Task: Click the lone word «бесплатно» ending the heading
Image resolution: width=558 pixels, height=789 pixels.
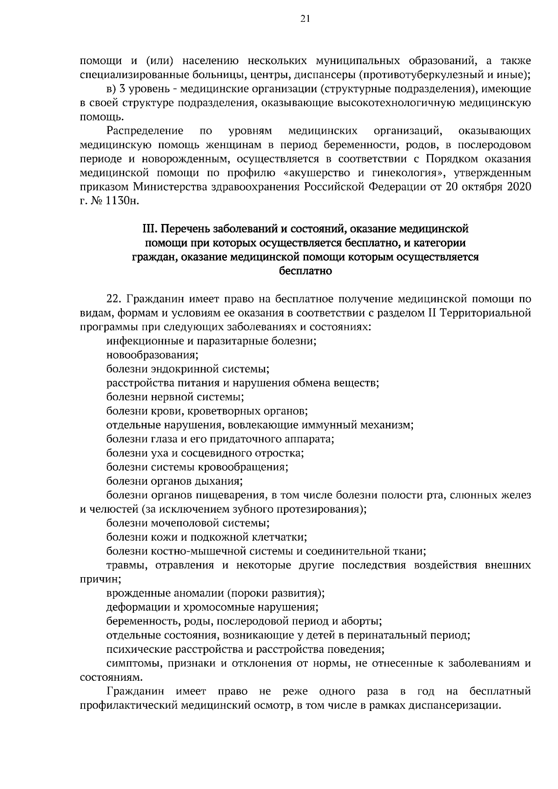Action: pyautogui.click(x=305, y=271)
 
